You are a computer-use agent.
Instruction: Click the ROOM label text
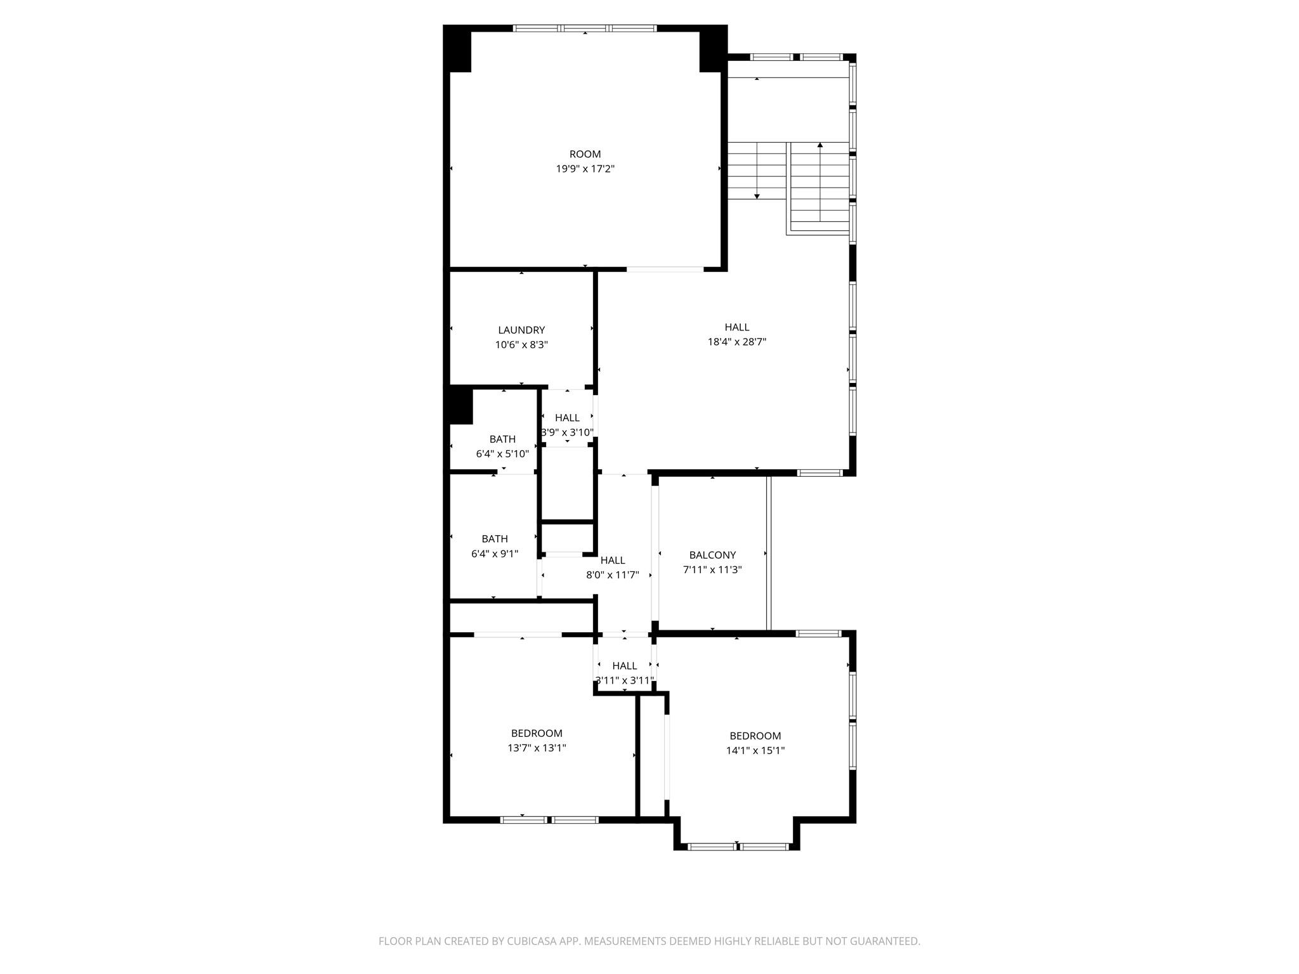coord(585,154)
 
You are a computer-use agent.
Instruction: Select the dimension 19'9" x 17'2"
coord(585,169)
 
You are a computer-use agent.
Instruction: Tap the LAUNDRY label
coord(521,330)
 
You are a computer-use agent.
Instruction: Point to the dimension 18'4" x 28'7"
coord(737,342)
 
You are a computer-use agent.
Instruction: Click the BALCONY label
coord(712,555)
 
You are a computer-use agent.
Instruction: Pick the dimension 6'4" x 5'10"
coord(502,453)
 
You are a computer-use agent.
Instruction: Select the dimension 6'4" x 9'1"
coord(495,554)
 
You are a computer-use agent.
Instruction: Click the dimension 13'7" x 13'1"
coord(537,748)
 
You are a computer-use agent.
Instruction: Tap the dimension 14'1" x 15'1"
coord(755,750)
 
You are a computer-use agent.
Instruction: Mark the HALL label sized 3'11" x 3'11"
coord(625,666)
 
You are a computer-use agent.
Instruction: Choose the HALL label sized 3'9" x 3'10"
coord(567,417)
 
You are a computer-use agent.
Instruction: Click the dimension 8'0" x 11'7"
coord(612,575)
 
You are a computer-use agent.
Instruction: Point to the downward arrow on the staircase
coord(757,196)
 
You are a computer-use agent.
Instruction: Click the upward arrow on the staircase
coord(820,146)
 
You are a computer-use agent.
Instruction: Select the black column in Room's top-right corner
coord(712,49)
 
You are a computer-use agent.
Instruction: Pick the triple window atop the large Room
coord(585,28)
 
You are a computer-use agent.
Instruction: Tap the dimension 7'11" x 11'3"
coord(712,569)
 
